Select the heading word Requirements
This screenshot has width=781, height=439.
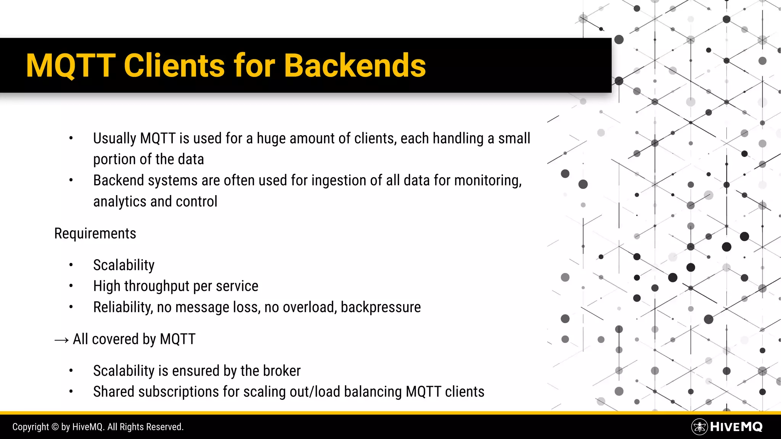(95, 234)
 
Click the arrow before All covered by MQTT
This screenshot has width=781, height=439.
(61, 340)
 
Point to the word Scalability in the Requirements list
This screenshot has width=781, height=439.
(124, 265)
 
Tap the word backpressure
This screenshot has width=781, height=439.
(381, 307)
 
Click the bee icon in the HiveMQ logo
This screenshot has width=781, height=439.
(699, 427)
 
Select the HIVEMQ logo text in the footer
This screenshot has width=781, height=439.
(736, 427)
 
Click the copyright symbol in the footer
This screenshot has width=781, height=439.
(55, 427)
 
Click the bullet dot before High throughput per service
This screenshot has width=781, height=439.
(71, 286)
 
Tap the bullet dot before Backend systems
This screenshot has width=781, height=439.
(71, 180)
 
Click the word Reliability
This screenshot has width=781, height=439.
(122, 307)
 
